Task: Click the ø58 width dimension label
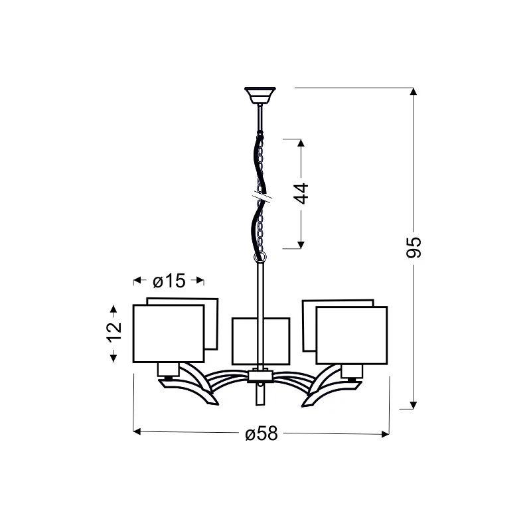coord(262,433)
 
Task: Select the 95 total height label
coord(414,248)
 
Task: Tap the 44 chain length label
coord(302,193)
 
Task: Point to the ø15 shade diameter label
coord(169,281)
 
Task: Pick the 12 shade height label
coord(114,333)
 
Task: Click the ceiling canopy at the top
coord(260,95)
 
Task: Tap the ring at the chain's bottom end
coord(260,256)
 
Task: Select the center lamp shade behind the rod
coord(261,341)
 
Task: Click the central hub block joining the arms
coord(260,376)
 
